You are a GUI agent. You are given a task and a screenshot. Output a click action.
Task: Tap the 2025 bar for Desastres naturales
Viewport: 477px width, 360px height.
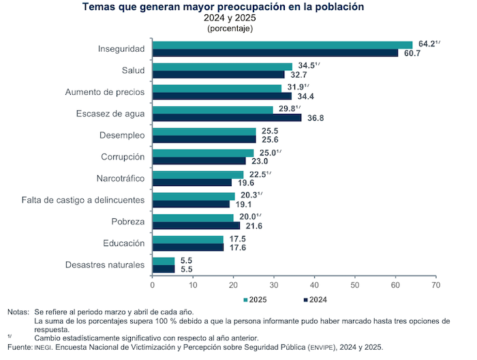coord(164,260)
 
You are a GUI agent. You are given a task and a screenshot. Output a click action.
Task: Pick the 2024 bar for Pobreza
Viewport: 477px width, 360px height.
coord(196,225)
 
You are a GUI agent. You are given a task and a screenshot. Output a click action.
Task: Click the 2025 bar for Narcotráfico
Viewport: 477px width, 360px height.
coord(198,175)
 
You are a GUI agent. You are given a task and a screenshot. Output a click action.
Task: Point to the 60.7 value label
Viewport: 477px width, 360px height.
coord(412,53)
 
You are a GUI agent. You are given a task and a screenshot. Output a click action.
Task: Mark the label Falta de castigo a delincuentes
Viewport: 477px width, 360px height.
coord(82,200)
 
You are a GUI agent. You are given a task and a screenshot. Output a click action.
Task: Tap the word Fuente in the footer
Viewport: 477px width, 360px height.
coord(19,347)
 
